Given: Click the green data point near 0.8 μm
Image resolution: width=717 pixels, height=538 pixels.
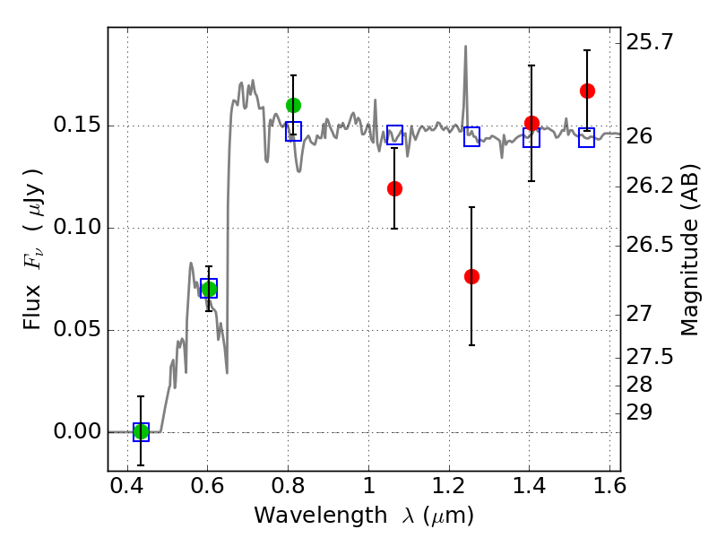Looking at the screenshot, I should coord(293,105).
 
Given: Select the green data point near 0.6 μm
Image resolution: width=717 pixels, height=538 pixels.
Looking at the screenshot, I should coord(209,289).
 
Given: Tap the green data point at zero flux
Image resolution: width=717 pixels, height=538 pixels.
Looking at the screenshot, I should coord(141,432).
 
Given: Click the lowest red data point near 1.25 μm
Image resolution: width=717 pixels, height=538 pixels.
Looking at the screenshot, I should coord(471,276).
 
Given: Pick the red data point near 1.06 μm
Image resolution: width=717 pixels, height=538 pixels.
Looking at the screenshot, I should coord(394,188).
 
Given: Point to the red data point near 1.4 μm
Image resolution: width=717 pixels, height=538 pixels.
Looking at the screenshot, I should coord(531,123).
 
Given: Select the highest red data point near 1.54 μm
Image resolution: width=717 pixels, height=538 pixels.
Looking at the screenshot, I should coord(587,91).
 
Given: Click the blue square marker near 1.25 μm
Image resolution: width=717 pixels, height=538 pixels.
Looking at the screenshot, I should coord(471,137).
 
